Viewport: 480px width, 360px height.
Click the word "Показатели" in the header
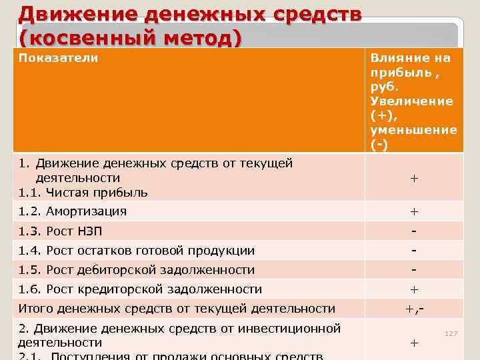58,58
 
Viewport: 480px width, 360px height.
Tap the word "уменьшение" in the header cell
413,129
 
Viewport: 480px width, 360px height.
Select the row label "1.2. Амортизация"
72,211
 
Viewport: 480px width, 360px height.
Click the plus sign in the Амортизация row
414,212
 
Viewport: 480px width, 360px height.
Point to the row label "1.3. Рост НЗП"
60,231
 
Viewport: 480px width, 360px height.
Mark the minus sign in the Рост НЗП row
414,231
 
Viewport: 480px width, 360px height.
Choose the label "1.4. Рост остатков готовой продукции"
136,251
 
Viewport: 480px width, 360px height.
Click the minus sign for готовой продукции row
414,250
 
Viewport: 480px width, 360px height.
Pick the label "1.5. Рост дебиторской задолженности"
136,270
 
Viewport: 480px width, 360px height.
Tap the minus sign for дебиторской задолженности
414,269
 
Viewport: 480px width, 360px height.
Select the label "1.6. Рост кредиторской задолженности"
140,289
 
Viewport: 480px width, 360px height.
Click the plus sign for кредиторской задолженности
414,290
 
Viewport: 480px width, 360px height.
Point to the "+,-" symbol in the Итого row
414,309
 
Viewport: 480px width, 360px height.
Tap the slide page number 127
451,333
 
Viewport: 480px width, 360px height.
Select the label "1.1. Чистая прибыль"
83,193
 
